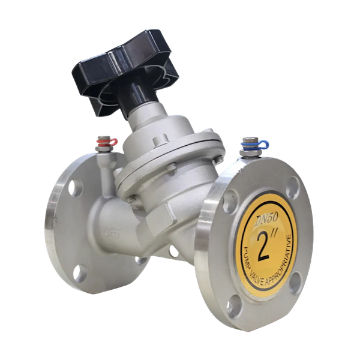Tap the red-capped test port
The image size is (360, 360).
[105, 144]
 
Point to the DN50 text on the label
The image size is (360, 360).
[267, 220]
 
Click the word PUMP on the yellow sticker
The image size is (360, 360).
[249, 256]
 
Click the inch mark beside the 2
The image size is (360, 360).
[275, 236]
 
